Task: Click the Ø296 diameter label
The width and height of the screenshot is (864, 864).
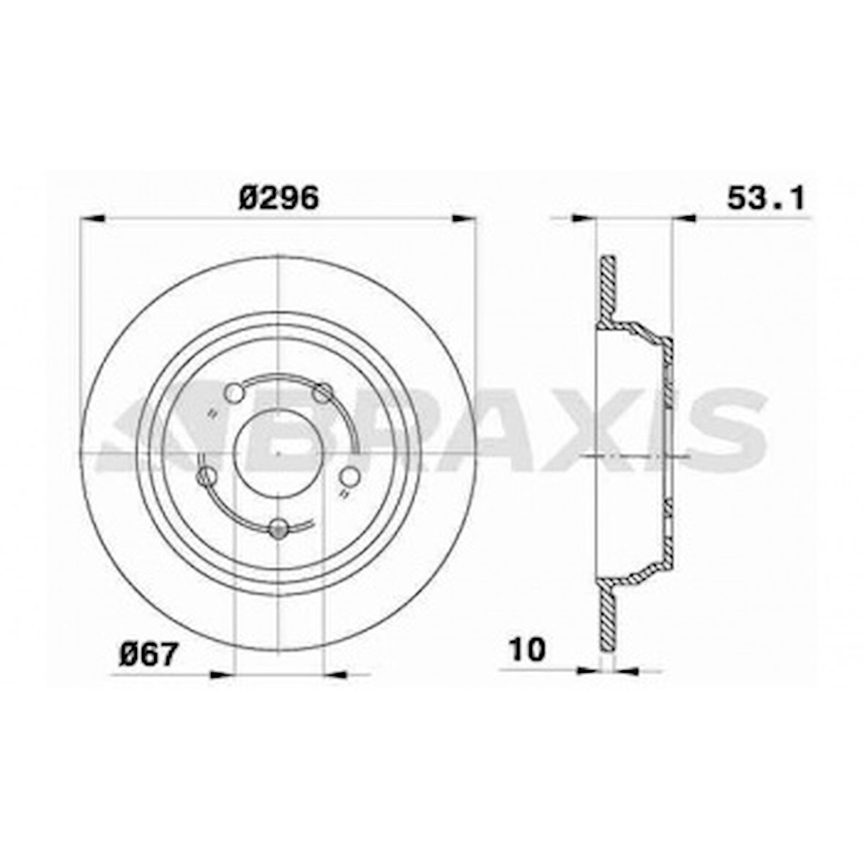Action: click(x=279, y=198)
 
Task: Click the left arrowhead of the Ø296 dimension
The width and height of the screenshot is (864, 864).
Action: click(x=92, y=217)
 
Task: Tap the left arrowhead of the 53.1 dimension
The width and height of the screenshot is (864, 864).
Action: click(x=584, y=217)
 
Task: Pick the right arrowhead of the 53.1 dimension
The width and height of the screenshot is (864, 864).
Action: click(x=682, y=217)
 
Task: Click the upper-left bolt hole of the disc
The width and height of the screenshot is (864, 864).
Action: click(x=234, y=394)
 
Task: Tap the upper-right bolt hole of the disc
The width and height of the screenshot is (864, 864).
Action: click(x=322, y=394)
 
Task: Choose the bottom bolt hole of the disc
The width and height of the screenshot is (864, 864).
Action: click(x=278, y=529)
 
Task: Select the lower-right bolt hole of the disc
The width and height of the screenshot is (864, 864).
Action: click(x=351, y=477)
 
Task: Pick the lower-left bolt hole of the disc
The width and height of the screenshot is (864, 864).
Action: click(x=207, y=477)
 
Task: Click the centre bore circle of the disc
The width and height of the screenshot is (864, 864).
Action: click(x=278, y=454)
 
